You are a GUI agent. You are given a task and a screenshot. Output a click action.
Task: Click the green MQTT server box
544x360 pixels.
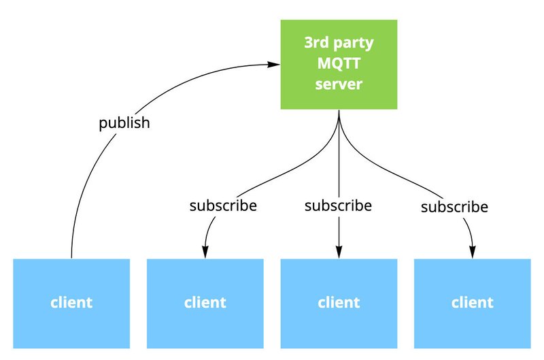tap(339, 65)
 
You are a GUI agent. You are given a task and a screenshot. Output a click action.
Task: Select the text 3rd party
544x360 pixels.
tap(339, 43)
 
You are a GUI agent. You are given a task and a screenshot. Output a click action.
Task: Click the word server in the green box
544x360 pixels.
tap(339, 84)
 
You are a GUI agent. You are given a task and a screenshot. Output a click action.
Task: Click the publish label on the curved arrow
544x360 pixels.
tap(124, 123)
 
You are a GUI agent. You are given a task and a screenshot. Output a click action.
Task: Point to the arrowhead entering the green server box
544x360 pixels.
tap(274, 64)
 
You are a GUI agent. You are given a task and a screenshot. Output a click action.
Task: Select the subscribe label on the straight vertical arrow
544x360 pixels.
tap(338, 206)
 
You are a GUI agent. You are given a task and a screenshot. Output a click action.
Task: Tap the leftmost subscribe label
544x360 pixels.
tap(223, 206)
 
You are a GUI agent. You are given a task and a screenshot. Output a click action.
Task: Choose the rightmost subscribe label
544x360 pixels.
tap(454, 207)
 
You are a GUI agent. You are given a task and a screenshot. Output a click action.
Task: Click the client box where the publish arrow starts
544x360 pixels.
tap(71, 304)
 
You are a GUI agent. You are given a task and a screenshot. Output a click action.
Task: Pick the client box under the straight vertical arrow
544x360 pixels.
tap(339, 304)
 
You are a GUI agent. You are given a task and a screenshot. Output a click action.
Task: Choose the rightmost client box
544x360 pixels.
tap(473, 304)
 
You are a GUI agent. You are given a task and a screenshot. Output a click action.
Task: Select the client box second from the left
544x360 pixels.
tap(205, 304)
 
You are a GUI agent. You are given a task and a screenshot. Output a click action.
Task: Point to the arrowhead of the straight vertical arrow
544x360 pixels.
tap(339, 252)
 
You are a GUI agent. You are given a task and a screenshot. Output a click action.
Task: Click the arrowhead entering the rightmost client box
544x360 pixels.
tap(473, 252)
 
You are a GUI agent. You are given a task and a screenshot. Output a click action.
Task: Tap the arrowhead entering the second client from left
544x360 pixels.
tap(205, 252)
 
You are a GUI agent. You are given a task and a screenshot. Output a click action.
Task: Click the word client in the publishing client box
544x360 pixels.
tap(71, 302)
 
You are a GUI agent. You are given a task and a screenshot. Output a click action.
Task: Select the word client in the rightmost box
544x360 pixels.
tap(473, 302)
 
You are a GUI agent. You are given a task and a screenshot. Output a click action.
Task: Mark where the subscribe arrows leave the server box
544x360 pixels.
tap(339, 110)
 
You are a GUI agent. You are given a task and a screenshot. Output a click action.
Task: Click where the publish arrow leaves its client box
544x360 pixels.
tap(71, 259)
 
